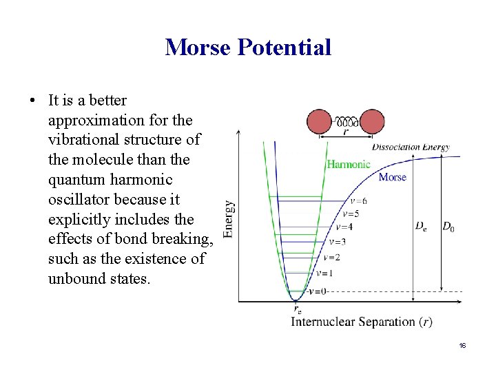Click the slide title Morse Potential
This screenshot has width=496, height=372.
248,47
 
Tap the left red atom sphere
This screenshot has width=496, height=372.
319,121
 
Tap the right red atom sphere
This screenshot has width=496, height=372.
372,121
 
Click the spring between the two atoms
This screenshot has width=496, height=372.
345,118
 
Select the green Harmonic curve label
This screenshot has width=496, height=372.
348,165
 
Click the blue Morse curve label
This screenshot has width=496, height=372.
392,177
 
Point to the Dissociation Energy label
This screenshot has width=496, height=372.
411,147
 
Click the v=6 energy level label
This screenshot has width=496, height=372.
358,201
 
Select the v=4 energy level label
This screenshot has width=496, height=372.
344,227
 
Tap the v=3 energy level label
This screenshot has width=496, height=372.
337,242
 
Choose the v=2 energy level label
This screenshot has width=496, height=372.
331,257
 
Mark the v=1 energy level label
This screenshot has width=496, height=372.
324,273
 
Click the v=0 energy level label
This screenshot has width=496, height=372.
317,291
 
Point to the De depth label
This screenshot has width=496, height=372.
420,226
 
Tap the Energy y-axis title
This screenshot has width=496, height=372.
229,218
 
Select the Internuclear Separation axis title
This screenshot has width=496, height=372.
362,322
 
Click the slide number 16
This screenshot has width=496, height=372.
462,344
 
